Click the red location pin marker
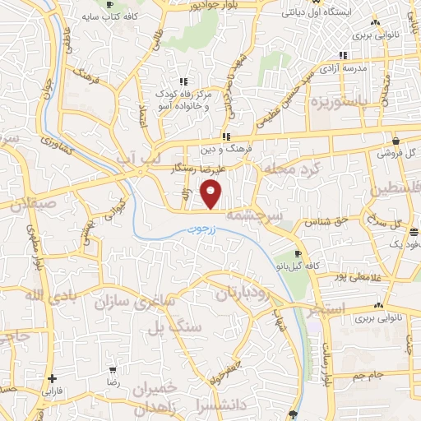pyautogui.click(x=211, y=195)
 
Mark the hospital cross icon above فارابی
pyautogui.click(x=53, y=379)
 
